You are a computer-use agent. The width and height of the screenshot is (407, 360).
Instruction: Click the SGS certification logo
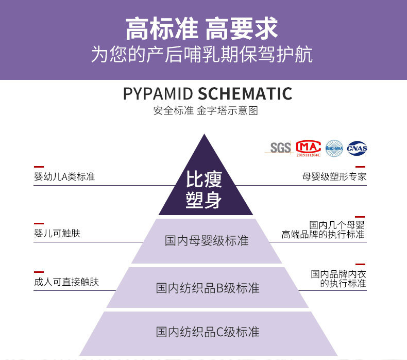281,148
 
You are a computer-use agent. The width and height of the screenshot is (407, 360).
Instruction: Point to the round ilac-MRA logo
333,148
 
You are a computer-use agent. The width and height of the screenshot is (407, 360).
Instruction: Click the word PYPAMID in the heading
158,94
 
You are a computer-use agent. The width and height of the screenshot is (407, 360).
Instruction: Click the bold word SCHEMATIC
245,94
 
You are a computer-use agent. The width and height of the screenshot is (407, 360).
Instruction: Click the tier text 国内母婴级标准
207,241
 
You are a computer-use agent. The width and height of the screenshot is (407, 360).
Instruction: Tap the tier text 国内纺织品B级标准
208,288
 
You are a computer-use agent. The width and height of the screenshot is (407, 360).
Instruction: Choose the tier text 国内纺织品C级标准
208,332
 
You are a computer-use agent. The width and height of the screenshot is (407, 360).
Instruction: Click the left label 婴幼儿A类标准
64,177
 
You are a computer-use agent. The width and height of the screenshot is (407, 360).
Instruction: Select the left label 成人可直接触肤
66,282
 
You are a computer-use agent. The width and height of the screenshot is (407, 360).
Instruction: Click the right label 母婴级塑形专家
334,177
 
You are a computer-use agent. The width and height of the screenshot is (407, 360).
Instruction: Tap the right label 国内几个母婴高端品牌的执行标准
324,230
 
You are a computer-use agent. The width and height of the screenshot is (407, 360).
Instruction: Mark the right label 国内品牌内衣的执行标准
338,279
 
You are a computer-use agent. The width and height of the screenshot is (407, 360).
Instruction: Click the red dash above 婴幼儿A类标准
39,167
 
